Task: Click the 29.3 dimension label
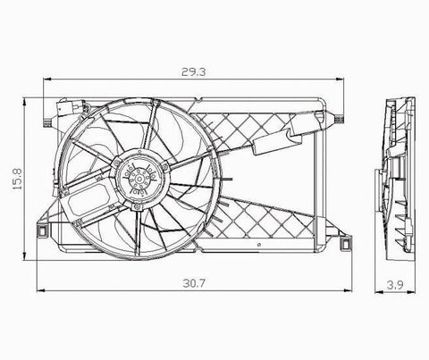pyautogui.click(x=193, y=71)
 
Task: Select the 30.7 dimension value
pyautogui.click(x=194, y=283)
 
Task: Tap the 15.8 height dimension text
pyautogui.click(x=17, y=180)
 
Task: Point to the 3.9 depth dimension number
pyautogui.click(x=395, y=285)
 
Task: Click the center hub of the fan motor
pyautogui.click(x=139, y=180)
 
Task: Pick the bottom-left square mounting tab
pyautogui.click(x=42, y=231)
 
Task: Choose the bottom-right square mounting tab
pyautogui.click(x=346, y=243)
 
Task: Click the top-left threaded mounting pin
pyautogui.click(x=47, y=122)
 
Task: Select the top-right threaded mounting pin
pyautogui.click(x=339, y=119)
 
